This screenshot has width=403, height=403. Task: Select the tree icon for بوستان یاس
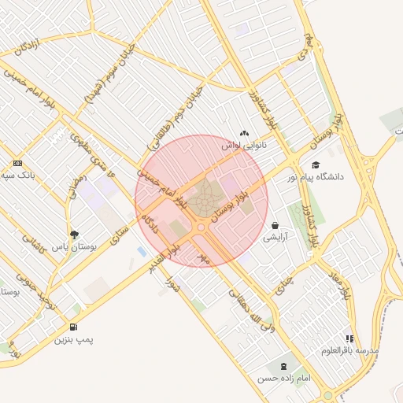pyautogui.click(x=75, y=234)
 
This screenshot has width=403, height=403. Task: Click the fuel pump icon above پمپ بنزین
pyautogui.click(x=73, y=327)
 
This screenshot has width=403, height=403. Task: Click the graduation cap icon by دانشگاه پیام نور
pyautogui.click(x=316, y=165)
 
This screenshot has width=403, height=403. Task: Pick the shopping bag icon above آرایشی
pyautogui.click(x=275, y=224)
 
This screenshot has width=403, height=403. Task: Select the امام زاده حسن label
pyautogui.click(x=283, y=379)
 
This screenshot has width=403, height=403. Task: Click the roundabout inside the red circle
pyautogui.click(x=201, y=227)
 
